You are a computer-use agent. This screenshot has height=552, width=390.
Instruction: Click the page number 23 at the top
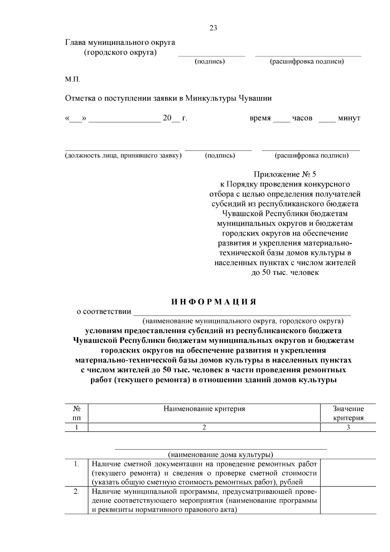pos(213,28)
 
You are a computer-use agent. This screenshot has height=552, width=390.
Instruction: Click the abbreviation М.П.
pos(72,79)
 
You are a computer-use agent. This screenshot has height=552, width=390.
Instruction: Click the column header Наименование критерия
pos(204,409)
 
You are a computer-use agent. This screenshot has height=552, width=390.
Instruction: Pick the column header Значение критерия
pos(348,413)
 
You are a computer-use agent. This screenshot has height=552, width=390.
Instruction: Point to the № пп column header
pos(77,413)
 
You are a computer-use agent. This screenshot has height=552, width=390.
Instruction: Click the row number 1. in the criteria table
pos(76,464)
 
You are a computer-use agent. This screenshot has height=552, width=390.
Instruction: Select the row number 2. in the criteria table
pos(76,491)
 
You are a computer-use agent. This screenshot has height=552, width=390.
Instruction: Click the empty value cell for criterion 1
pos(348,473)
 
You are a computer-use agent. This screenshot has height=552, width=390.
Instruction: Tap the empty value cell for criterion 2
pos(348,500)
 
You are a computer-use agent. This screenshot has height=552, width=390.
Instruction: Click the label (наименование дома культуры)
pos(220,454)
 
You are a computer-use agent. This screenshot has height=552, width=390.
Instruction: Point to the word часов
pos(302,118)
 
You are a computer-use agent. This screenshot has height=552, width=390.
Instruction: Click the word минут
pos(349,118)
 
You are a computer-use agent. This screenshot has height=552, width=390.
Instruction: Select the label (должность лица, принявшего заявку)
pos(123,155)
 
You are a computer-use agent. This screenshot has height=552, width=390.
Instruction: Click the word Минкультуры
pos(211,98)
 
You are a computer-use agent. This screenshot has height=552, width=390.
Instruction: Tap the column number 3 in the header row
pos(348,427)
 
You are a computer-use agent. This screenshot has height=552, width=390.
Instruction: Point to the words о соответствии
pos(104,312)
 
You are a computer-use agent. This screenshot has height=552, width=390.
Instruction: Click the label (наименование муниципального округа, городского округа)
pos(243,321)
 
